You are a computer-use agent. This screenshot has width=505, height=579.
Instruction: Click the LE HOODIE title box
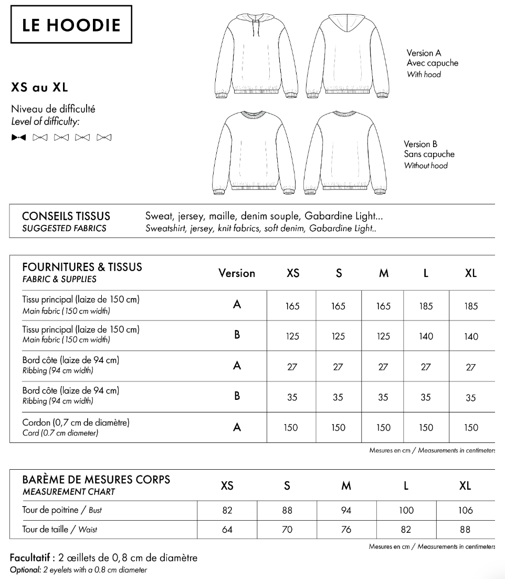(x=71, y=25)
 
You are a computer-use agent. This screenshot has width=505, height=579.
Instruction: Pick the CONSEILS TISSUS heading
(x=66, y=216)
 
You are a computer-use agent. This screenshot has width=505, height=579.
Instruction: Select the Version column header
(x=237, y=273)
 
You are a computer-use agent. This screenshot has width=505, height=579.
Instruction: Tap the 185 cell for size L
(x=426, y=306)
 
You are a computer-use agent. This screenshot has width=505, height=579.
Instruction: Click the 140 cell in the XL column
(x=471, y=337)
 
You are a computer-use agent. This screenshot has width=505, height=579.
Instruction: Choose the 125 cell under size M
(x=384, y=337)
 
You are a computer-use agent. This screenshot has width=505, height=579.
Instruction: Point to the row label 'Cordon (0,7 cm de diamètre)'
(x=76, y=422)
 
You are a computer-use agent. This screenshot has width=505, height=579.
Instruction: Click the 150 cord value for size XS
(x=291, y=428)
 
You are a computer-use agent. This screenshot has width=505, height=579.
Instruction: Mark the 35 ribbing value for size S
(x=338, y=398)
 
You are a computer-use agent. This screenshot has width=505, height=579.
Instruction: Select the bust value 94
(x=346, y=510)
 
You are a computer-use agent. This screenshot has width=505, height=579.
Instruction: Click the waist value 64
(x=227, y=530)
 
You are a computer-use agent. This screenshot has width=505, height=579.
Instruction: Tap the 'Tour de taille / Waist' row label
(x=59, y=530)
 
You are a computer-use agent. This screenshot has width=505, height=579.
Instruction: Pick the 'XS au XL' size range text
(x=39, y=87)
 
